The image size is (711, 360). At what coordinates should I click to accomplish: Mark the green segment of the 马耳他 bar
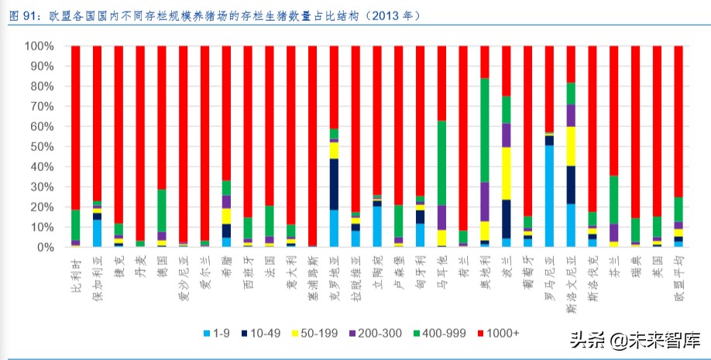441,163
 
